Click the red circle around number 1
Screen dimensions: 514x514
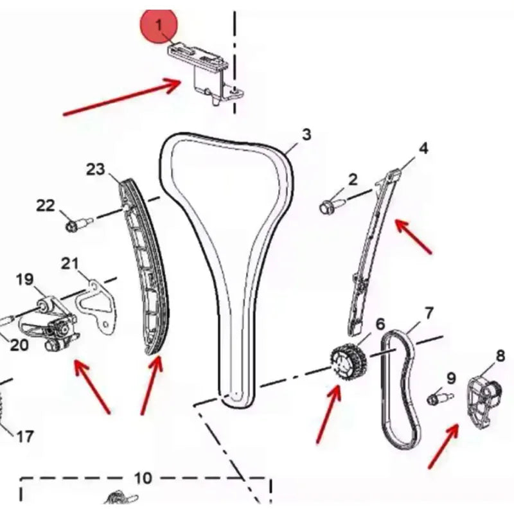tap(159, 25)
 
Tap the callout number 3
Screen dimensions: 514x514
tap(306, 134)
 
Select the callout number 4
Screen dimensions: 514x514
tap(423, 148)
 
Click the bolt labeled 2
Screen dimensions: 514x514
tap(331, 206)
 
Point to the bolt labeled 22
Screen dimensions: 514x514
tap(78, 224)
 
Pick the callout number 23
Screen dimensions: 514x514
tap(95, 169)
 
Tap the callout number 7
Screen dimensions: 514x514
tap(429, 313)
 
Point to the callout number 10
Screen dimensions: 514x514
tap(143, 478)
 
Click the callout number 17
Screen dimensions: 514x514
tap(25, 437)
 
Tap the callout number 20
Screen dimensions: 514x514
tap(19, 345)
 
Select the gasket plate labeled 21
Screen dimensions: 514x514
tap(96, 306)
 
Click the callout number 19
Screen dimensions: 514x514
tap(24, 279)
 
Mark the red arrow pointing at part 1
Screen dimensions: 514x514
tap(121, 97)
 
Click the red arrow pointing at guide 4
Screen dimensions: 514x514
tap(413, 236)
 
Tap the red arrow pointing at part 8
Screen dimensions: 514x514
tap(444, 446)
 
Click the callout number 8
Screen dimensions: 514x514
tap(501, 356)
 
